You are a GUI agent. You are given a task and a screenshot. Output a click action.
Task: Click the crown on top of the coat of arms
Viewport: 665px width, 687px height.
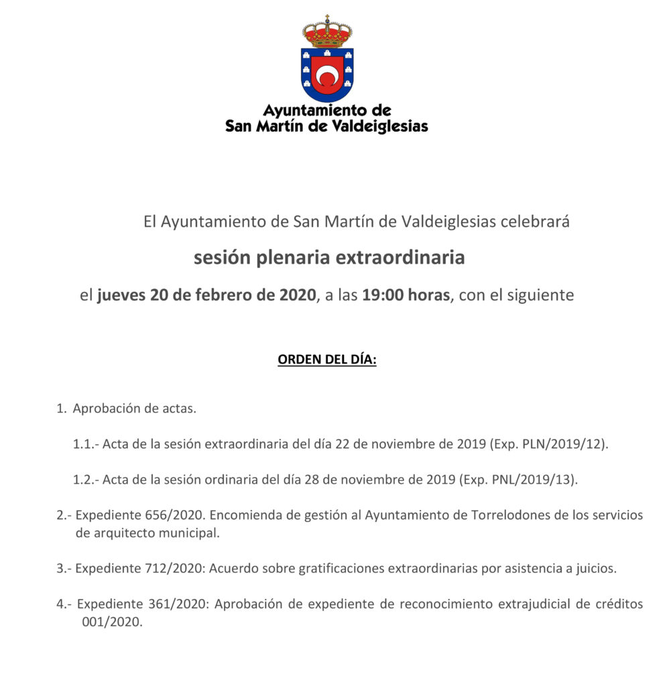coord(327,32)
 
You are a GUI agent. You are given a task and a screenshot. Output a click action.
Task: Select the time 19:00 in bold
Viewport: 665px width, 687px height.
coord(381,295)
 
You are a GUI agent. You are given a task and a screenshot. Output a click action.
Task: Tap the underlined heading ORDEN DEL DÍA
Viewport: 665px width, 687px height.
coord(327,360)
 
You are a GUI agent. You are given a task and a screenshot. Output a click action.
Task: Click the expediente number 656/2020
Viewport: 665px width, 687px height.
coord(172,515)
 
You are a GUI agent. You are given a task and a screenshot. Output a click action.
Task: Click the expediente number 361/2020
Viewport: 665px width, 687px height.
coord(174,604)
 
